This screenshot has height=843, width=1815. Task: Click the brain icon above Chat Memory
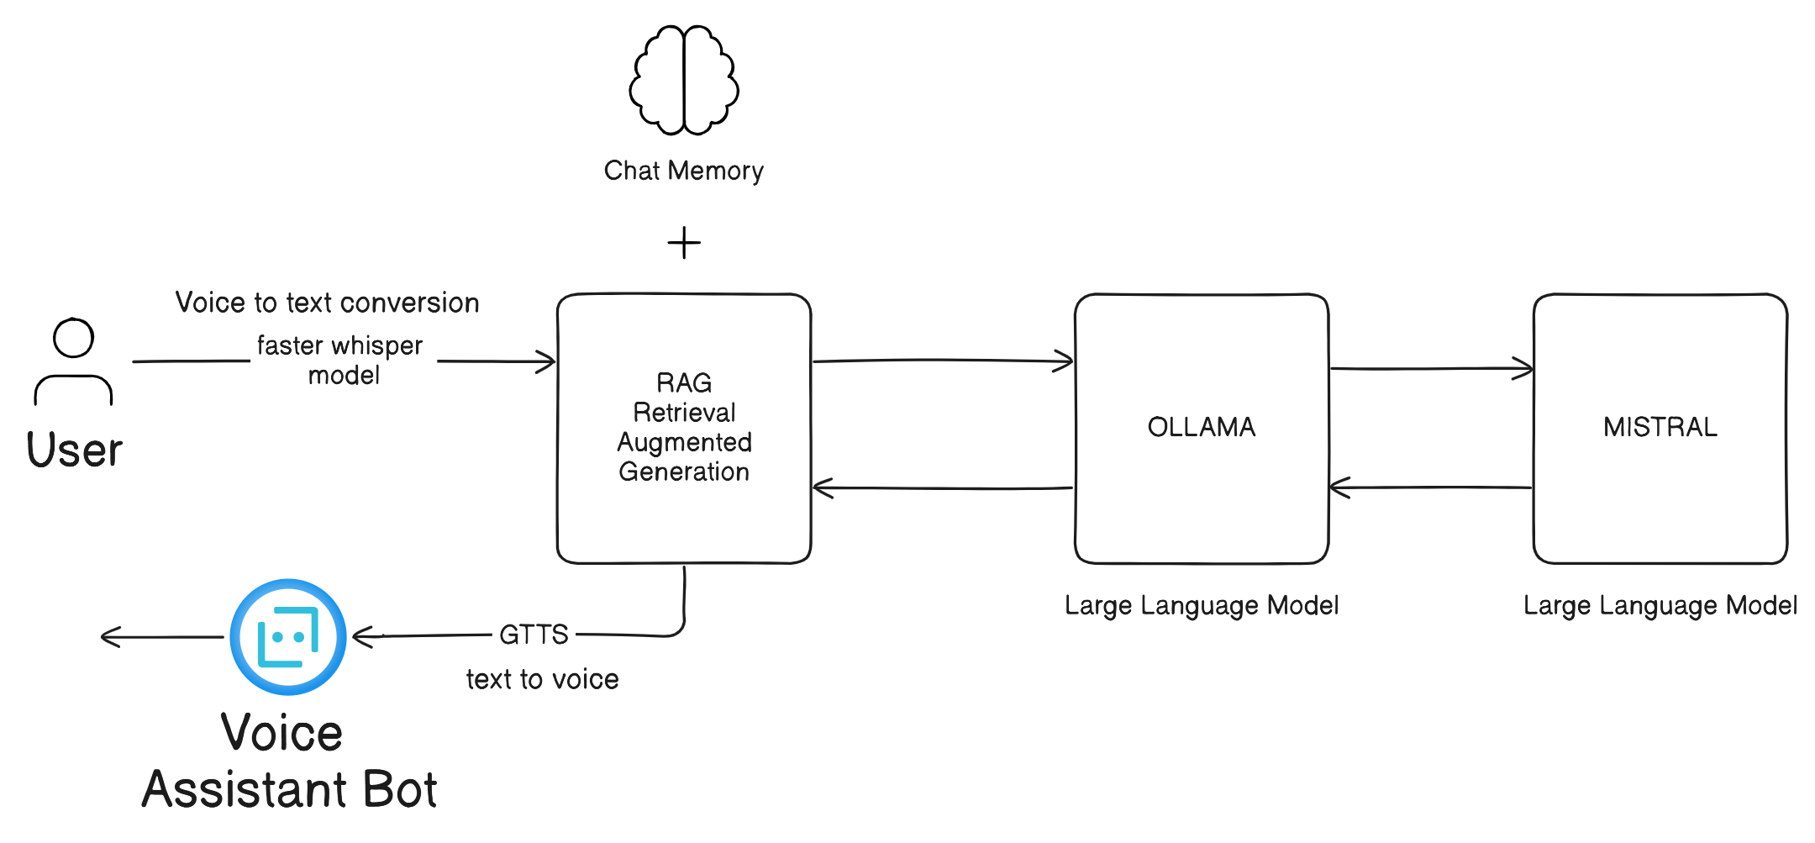tap(684, 81)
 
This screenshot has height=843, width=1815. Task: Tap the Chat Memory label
tap(683, 171)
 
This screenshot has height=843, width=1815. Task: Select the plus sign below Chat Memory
tap(684, 243)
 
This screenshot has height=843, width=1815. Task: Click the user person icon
tap(73, 361)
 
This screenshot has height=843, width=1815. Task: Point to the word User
tap(74, 450)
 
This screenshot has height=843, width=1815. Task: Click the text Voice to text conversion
tap(327, 303)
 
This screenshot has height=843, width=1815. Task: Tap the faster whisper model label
tap(340, 360)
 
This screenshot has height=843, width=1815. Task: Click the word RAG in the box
tap(684, 383)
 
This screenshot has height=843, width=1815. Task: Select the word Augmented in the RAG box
tap(684, 442)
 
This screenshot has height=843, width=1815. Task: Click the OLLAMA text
tap(1201, 427)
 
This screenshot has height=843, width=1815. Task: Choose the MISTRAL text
tap(1660, 427)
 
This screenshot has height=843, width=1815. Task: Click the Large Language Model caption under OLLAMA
tap(1201, 605)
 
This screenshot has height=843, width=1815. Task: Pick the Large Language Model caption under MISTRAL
tap(1660, 605)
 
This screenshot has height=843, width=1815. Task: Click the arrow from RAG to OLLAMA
tap(941, 361)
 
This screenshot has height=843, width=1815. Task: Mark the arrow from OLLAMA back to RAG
tap(941, 487)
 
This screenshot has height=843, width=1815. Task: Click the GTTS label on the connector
tap(534, 635)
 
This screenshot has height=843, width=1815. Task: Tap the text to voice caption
tap(542, 679)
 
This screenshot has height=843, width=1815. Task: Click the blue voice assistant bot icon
tap(288, 636)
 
